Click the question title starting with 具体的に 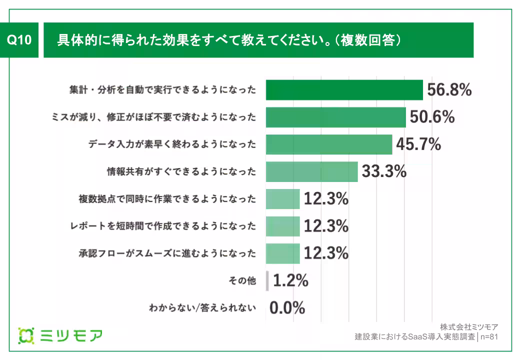(229, 40)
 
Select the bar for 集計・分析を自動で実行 (344, 90)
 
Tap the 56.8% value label (449, 90)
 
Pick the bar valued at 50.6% (335, 117)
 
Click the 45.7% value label (418, 144)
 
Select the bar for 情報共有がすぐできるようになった (311, 172)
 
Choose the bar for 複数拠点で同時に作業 (282, 199)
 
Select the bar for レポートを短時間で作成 (282, 226)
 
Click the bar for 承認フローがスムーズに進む (282, 253)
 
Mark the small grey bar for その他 (267, 280)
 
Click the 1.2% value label (290, 280)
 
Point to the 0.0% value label (287, 308)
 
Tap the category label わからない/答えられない (202, 308)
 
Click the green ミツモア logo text (70, 335)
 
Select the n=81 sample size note (488, 337)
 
